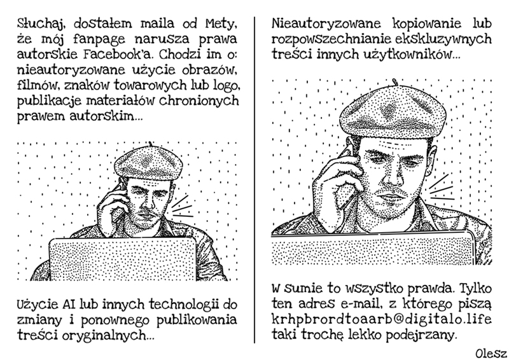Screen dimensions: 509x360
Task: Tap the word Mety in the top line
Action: (x=220, y=24)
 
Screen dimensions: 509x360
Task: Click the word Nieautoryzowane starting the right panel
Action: (x=326, y=24)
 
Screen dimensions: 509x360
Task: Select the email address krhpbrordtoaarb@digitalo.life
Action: (x=381, y=319)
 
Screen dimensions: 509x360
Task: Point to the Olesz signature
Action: (x=491, y=354)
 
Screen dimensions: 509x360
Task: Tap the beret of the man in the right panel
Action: (x=393, y=111)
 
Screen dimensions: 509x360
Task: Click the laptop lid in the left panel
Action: (x=123, y=259)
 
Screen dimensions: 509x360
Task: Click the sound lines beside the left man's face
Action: (x=183, y=207)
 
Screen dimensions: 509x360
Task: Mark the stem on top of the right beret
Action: (x=394, y=82)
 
